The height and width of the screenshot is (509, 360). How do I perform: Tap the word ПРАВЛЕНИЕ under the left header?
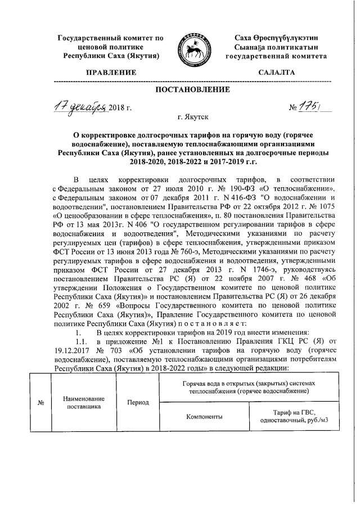110,73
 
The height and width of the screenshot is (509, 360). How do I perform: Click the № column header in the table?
40,403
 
